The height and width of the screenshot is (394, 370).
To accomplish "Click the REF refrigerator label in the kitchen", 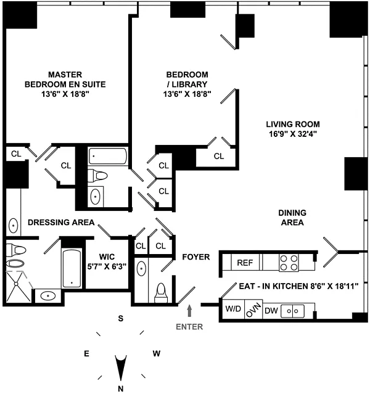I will coord(245,262).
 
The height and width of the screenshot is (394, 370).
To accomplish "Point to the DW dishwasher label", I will coord(271,310).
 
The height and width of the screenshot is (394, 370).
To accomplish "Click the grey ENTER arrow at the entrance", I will coord(189,308).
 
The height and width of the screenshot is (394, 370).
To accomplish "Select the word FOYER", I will coord(196,257).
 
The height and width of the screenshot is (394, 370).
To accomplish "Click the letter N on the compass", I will coord(121,388).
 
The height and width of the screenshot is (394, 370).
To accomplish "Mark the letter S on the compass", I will coord(121,319).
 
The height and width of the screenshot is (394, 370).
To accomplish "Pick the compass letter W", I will coord(157,353).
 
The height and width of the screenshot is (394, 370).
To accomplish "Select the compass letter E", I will coord(86,353).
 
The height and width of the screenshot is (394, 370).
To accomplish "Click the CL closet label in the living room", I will coord(219,156).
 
